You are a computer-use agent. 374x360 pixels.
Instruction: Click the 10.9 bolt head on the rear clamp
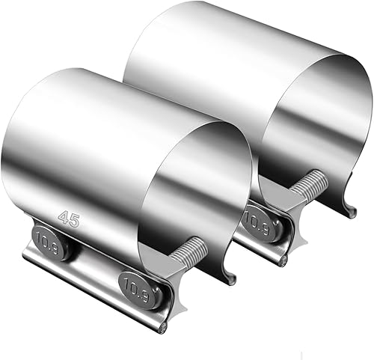click(255, 222)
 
